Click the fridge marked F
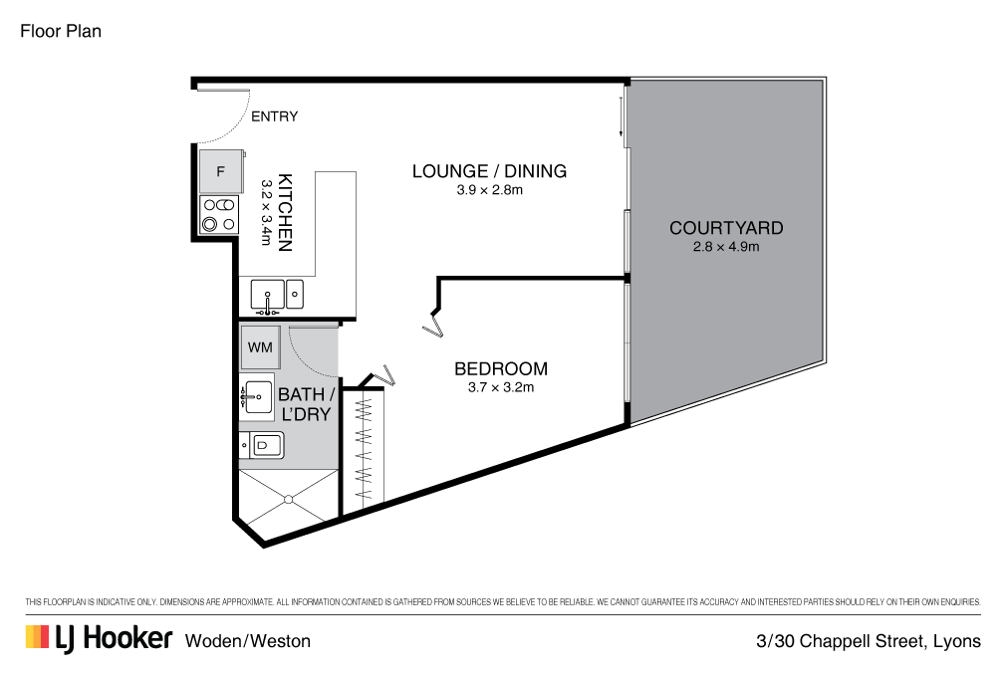coord(221,171)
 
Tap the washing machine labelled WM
coord(260,347)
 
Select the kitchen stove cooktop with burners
coord(220,214)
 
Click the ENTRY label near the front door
coord(274,116)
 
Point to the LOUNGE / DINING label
coord(489,171)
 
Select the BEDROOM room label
coord(500,368)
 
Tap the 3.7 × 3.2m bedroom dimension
coord(501,387)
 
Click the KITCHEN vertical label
coord(285,212)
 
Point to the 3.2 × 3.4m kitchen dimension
coord(266,212)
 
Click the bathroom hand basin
coord(258,396)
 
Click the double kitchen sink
coord(277,295)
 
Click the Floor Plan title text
coord(61,31)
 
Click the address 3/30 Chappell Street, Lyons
coord(868,641)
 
